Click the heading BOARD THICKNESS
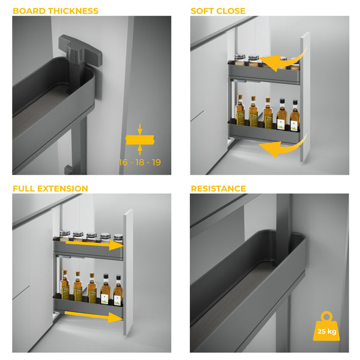pyautogui.click(x=56, y=11)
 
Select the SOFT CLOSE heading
pyautogui.click(x=218, y=11)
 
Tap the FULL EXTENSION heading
pyautogui.click(x=50, y=189)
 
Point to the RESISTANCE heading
pyautogui.click(x=218, y=189)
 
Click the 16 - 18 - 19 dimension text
pyautogui.click(x=140, y=163)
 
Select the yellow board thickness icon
pyautogui.click(x=140, y=139)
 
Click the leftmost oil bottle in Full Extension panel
pyautogui.click(x=65, y=285)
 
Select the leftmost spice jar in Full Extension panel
pyautogui.click(x=65, y=237)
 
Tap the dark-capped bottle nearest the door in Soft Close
pyautogui.click(x=294, y=117)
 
